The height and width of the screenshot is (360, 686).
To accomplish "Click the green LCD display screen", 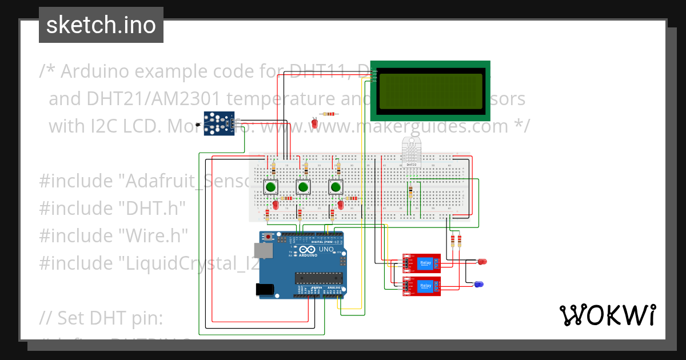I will (430, 91).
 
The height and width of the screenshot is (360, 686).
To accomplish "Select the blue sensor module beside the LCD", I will (220, 124).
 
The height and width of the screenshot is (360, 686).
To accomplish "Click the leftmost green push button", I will (270, 186).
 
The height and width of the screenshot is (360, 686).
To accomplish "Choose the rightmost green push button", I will (336, 186).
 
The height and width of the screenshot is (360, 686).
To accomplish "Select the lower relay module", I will (422, 285).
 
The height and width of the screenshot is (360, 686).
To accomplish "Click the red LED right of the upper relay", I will (482, 262).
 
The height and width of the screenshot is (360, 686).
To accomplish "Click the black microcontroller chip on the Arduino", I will (318, 278).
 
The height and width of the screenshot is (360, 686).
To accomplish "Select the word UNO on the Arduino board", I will (325, 250).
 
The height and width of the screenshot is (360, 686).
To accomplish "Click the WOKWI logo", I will (607, 315).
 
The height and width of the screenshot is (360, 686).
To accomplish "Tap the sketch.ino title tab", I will (101, 25).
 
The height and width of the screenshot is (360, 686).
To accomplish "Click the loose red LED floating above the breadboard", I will (314, 123).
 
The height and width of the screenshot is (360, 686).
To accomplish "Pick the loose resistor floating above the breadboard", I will (328, 114).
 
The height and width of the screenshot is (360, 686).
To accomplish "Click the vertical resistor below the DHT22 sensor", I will (410, 193).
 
